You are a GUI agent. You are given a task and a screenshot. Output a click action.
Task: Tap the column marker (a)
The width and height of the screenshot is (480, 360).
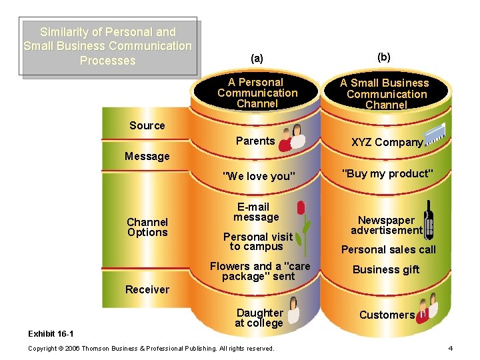[x=257, y=58]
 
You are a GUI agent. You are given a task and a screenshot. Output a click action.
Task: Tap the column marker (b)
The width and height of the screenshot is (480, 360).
[x=384, y=57]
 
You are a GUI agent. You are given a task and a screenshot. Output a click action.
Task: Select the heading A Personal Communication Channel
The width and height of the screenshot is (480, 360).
[x=257, y=93]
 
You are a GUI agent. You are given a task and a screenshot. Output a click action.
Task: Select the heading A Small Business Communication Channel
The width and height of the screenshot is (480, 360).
[x=385, y=94]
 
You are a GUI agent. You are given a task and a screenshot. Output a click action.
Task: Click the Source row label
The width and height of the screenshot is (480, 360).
[x=147, y=125]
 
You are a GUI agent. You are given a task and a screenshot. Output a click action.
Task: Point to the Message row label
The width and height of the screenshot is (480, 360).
[x=147, y=156]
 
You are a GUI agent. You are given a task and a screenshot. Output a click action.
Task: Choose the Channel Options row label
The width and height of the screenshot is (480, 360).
[x=147, y=227]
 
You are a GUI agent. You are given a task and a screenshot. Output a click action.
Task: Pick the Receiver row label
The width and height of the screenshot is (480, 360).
[x=147, y=289]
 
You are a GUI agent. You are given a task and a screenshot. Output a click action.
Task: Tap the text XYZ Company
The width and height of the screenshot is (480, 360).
[x=387, y=142]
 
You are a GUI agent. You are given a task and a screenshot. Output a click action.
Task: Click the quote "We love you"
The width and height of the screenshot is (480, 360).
[x=258, y=176]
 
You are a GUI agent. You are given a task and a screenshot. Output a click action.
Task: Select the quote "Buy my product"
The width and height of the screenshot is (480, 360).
[x=387, y=173]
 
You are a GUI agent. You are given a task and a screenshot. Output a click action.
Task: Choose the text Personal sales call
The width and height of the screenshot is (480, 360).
[x=388, y=249]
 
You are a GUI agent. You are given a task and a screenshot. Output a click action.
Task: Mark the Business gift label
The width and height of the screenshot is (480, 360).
[x=386, y=269]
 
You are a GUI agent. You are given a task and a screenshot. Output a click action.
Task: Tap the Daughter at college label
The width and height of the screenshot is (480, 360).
[x=259, y=318]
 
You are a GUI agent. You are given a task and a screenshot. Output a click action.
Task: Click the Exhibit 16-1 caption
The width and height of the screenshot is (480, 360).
[x=51, y=333]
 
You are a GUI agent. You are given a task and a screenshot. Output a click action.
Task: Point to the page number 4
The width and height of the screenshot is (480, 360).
[x=450, y=348]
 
